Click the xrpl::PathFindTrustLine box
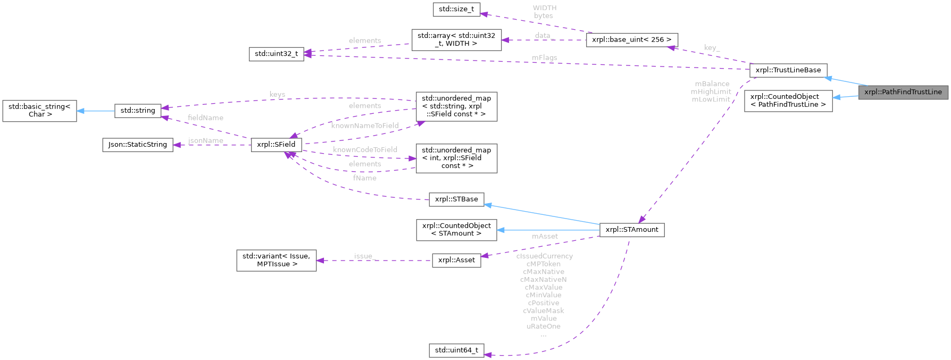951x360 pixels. tap(903, 92)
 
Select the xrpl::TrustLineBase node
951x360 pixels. tap(788, 70)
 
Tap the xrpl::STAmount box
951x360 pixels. tap(632, 230)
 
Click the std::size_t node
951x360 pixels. tap(456, 9)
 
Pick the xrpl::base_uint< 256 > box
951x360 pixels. tap(632, 40)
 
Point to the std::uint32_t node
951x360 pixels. tap(277, 54)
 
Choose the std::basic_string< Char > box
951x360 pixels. tap(39, 110)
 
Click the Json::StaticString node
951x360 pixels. tap(138, 144)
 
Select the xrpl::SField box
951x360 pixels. tap(276, 144)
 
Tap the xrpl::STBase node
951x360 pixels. tap(456, 199)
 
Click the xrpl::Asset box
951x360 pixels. tap(456, 260)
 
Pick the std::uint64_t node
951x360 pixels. tap(456, 350)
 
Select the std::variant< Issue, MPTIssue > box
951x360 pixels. tap(277, 260)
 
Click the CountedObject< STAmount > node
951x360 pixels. tap(456, 229)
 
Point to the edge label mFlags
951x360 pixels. tap(544, 57)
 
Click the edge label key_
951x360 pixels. tap(712, 48)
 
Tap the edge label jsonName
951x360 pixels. tap(205, 140)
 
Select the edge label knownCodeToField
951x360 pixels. tap(365, 149)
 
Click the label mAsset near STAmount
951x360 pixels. tap(545, 236)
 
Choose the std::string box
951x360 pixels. tap(138, 110)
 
